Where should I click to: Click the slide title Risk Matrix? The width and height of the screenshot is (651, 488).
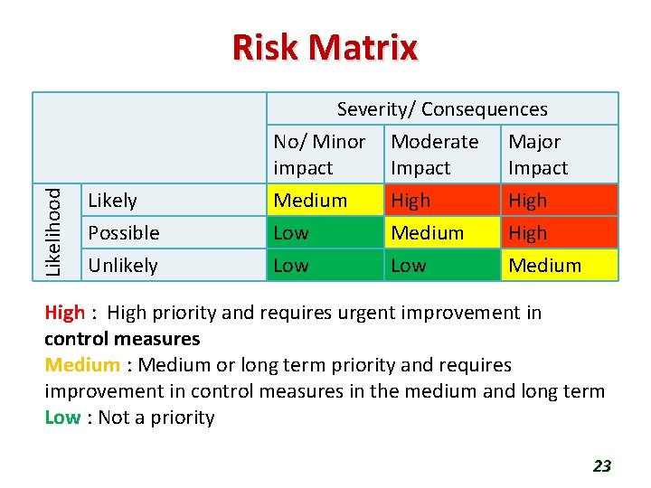(x=325, y=47)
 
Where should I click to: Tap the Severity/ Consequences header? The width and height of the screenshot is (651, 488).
(x=442, y=109)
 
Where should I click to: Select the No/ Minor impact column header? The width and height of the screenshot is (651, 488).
(x=319, y=155)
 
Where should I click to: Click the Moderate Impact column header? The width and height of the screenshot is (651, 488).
(x=434, y=155)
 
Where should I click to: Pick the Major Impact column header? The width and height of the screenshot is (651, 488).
(x=538, y=155)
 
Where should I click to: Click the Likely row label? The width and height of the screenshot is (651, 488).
(x=112, y=201)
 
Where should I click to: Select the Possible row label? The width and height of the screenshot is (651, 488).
(x=123, y=233)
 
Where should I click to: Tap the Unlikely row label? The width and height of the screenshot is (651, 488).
(x=122, y=266)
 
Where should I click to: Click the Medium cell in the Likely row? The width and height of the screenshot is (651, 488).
(x=310, y=201)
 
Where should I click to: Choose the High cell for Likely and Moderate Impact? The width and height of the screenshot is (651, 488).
(x=410, y=201)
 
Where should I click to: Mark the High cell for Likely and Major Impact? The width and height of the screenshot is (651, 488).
(x=528, y=201)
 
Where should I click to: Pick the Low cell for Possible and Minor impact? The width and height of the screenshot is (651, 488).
(x=291, y=233)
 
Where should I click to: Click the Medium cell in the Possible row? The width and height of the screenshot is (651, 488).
(x=427, y=233)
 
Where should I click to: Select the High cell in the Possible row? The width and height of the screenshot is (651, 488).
(x=528, y=233)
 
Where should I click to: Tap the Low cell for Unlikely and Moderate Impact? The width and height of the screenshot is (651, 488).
(x=409, y=266)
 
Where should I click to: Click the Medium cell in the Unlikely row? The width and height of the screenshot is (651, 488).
(x=544, y=266)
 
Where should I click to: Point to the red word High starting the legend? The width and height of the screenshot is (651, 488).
(x=64, y=313)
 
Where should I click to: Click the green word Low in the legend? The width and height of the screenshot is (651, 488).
(x=62, y=418)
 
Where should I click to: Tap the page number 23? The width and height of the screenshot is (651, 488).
(x=601, y=466)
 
